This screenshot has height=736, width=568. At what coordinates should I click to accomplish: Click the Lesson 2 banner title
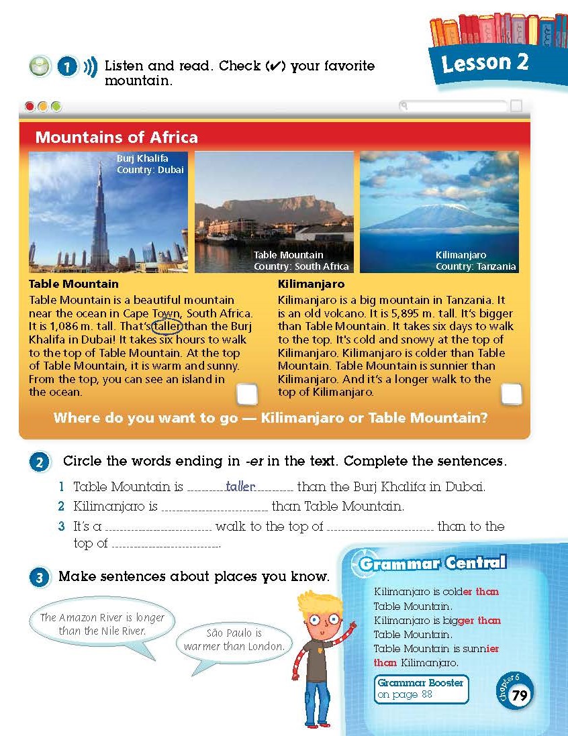[485, 63]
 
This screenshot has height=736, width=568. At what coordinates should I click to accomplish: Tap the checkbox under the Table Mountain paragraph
[247, 395]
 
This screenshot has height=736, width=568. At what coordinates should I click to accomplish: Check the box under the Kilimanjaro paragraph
[512, 394]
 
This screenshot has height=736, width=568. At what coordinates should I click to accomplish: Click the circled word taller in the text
[167, 326]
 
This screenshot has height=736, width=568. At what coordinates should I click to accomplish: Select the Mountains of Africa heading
[116, 138]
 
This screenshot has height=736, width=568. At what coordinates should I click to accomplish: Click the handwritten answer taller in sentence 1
[240, 487]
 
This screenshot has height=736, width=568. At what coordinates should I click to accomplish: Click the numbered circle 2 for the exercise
[40, 462]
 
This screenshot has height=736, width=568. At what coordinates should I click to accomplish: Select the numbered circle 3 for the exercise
[40, 577]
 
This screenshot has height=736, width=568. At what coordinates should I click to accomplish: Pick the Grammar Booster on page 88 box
[421, 689]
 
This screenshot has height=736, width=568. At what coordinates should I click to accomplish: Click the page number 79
[519, 695]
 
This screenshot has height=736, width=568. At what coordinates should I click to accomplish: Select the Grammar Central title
[432, 563]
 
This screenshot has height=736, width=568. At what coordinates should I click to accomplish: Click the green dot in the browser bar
[56, 106]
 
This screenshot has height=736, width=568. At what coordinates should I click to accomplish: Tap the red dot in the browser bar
[30, 106]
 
